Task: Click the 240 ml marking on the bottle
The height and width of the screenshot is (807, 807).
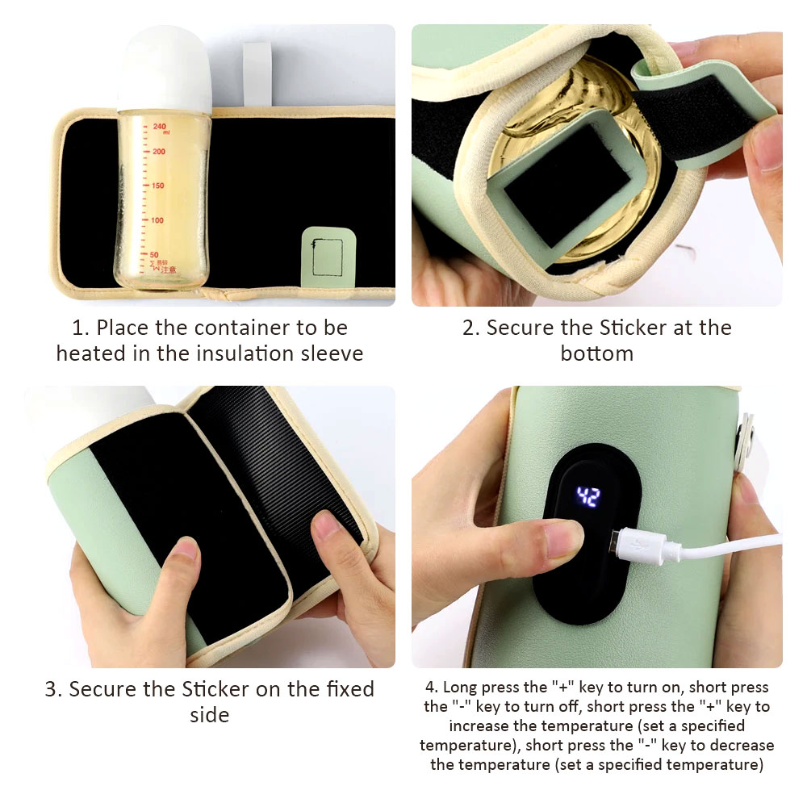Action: [161, 128]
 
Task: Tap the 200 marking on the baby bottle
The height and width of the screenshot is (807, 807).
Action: [158, 152]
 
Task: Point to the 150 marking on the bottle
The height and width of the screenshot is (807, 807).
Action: [157, 186]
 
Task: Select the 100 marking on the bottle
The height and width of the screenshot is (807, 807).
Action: [157, 220]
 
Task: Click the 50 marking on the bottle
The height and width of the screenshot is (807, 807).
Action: [154, 255]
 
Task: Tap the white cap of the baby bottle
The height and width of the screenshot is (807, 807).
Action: [165, 69]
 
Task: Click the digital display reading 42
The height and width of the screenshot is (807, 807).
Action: [587, 497]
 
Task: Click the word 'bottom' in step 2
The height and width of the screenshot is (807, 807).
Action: [596, 354]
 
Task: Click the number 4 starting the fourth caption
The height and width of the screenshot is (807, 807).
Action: [431, 688]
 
